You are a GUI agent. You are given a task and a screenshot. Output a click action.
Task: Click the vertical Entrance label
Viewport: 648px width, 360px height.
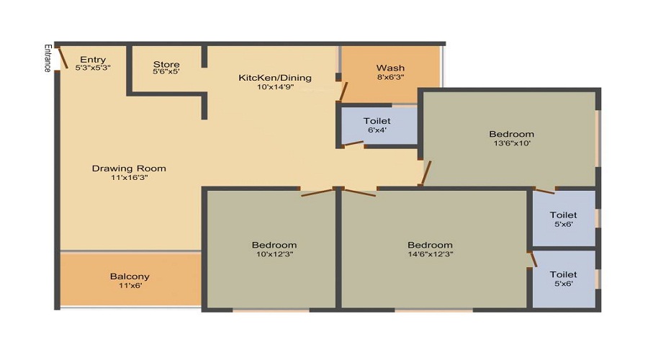click(x=48, y=58)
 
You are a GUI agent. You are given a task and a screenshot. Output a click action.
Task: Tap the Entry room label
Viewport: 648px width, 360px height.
click(x=93, y=60)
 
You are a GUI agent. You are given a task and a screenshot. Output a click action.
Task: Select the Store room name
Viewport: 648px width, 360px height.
click(x=166, y=64)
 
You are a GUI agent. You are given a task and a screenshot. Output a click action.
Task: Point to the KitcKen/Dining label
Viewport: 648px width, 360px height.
click(x=275, y=78)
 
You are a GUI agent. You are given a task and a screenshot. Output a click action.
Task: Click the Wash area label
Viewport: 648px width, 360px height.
click(x=390, y=68)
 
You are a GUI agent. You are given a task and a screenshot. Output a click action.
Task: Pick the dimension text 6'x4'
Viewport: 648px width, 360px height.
click(x=377, y=130)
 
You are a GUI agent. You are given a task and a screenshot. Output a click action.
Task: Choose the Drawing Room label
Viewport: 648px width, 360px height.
click(x=129, y=168)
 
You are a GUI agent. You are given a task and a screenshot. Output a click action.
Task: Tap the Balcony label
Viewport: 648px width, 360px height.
click(x=130, y=276)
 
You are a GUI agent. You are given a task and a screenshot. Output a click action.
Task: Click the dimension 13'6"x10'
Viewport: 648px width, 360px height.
click(x=512, y=143)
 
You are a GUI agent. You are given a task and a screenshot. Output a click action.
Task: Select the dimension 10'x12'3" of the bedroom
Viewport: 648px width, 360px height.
click(x=274, y=253)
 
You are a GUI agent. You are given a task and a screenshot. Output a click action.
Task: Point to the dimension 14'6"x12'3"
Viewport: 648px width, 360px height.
click(x=431, y=253)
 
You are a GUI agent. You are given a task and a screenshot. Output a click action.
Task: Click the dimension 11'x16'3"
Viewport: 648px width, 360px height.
click(x=130, y=177)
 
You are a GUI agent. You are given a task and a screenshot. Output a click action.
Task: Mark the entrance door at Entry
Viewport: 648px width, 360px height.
click(x=63, y=58)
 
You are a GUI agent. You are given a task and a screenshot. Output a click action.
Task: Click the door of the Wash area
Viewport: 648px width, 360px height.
click(x=343, y=91)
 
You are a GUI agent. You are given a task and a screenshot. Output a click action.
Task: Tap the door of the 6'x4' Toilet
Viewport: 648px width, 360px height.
click(x=354, y=143)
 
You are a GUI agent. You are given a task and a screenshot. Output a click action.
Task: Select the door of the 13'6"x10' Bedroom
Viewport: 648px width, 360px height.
click(x=426, y=173)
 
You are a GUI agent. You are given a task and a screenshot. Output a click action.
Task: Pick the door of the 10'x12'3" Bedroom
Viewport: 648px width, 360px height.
click(x=318, y=193)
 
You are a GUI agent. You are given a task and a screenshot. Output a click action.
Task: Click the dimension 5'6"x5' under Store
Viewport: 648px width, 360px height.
click(x=166, y=71)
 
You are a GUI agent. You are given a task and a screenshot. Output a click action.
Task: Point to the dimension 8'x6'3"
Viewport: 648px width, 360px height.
click(x=390, y=77)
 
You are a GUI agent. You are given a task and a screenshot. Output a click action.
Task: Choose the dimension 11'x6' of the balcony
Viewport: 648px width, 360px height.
click(x=130, y=285)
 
